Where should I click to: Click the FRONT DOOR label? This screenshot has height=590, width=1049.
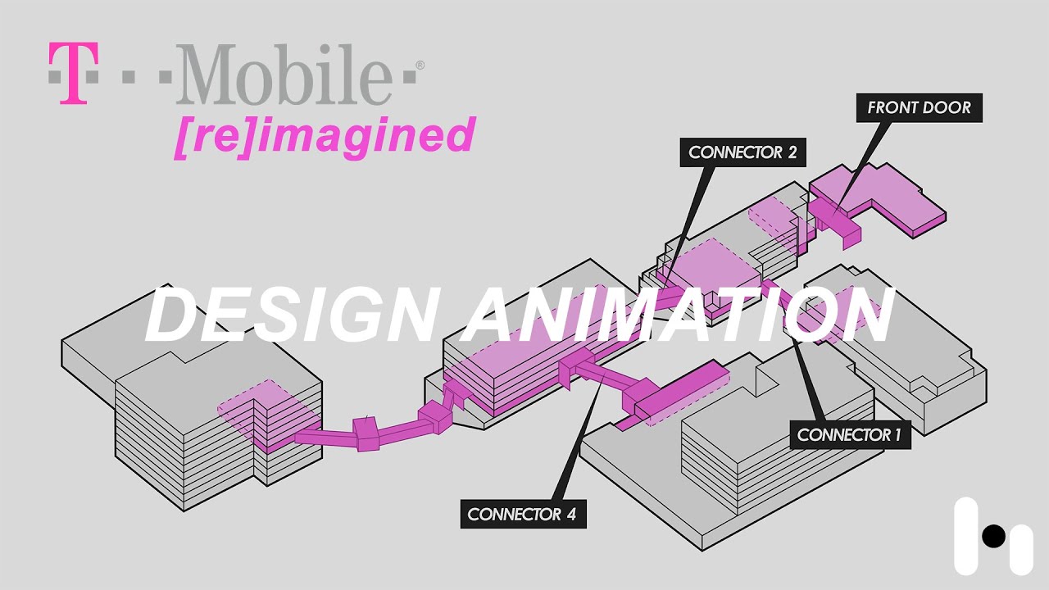pyautogui.click(x=919, y=107)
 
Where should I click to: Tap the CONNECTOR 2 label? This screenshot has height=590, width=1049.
pyautogui.click(x=742, y=152)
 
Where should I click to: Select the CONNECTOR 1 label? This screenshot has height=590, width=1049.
pyautogui.click(x=849, y=434)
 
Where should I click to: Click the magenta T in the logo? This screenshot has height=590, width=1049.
pyautogui.click(x=73, y=74)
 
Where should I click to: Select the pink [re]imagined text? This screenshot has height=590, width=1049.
pyautogui.click(x=325, y=136)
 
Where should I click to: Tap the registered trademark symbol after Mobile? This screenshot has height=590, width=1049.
pyautogui.click(x=420, y=65)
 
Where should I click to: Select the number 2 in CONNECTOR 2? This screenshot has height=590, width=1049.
pyautogui.click(x=790, y=152)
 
